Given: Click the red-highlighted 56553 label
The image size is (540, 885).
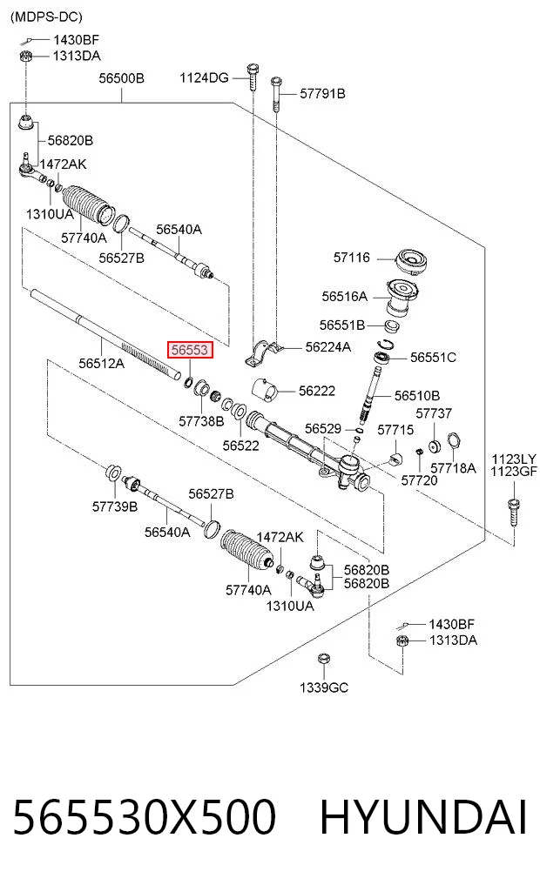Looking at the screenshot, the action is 190,350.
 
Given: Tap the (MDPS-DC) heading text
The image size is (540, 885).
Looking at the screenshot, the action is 46,17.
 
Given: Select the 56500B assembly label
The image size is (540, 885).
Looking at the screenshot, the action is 121,78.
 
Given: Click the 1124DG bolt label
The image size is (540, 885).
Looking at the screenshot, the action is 204,78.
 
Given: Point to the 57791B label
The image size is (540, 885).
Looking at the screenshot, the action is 322,94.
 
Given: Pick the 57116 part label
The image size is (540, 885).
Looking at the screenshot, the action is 351,258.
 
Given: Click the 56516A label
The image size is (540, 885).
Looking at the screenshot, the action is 345,297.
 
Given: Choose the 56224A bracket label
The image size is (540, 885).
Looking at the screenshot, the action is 328,347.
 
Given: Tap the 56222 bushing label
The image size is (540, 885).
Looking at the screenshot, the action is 317,391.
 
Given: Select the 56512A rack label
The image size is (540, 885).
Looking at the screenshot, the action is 101,364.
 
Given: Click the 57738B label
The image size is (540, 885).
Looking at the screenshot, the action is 201,421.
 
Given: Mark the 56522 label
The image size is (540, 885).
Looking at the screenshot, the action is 240,446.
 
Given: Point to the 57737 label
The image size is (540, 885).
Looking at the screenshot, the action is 434,413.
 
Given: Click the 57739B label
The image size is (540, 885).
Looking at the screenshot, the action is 115,506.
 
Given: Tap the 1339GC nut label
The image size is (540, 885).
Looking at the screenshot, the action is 324,687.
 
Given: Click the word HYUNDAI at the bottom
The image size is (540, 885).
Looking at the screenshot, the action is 423,817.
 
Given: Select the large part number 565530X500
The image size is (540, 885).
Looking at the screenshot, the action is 145,817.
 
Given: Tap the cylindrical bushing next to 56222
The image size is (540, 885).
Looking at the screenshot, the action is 266,391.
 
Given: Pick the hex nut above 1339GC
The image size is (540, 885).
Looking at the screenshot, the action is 323,659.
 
